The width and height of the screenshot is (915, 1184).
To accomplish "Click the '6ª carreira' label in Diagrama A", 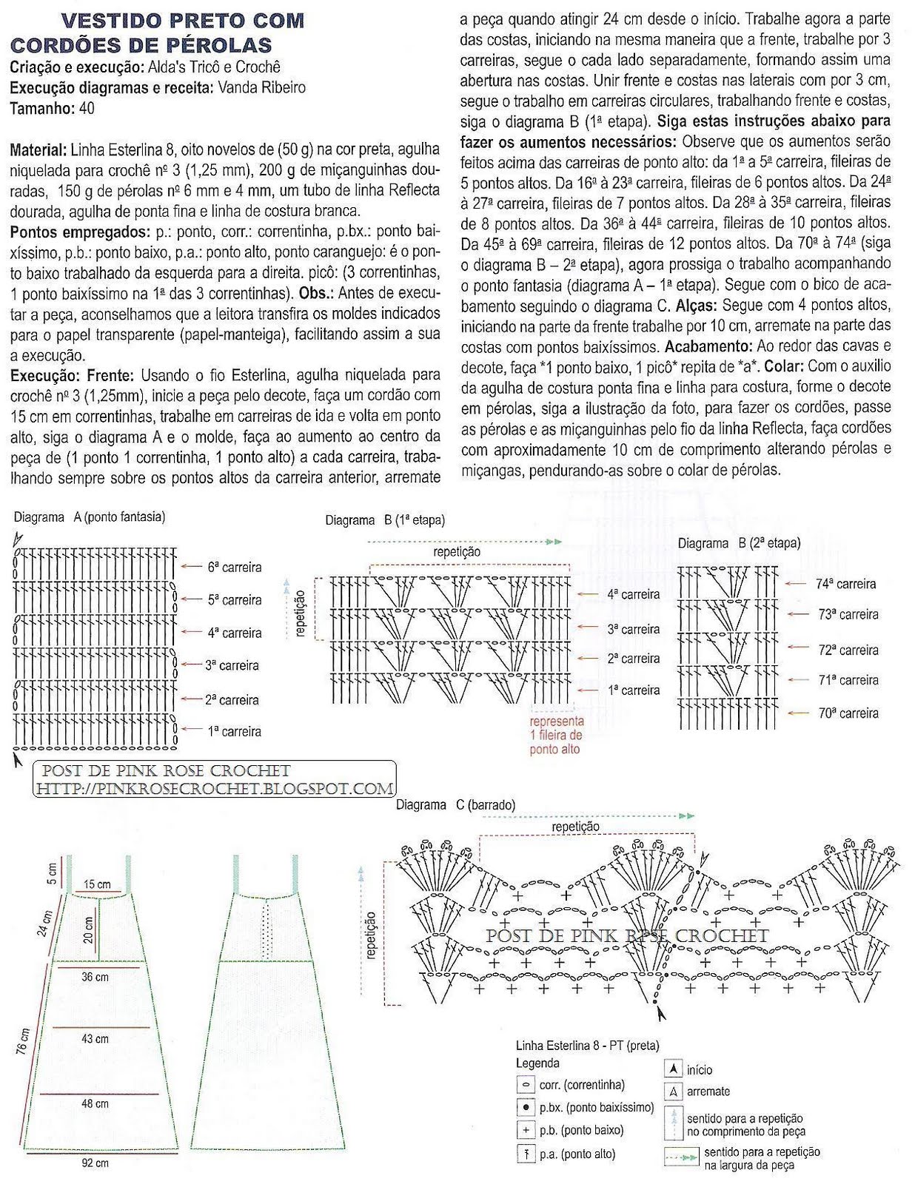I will click(235, 568).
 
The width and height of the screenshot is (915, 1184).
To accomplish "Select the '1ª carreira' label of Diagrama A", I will click(235, 732).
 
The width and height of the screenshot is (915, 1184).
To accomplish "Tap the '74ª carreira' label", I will click(845, 584).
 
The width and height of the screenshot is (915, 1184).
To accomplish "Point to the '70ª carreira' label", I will click(848, 713).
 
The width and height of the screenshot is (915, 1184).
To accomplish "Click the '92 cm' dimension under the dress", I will click(95, 1163).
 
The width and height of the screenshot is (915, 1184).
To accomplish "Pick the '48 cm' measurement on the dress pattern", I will click(95, 1103).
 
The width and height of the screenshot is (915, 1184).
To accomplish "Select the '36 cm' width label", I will click(95, 977).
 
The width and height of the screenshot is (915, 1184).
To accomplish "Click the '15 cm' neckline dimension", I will click(97, 884).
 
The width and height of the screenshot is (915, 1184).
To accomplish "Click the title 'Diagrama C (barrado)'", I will click(456, 805).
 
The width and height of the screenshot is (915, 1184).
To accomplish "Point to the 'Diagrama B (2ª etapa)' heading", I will click(739, 544).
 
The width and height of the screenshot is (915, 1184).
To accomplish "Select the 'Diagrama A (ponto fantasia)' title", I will click(90, 517).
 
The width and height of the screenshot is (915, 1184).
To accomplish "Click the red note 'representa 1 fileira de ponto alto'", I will click(557, 735).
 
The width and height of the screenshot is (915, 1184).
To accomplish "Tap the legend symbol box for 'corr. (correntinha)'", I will click(526, 1086).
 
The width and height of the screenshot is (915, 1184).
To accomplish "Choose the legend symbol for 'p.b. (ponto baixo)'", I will click(526, 1130).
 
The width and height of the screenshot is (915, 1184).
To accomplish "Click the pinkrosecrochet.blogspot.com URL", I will click(215, 789).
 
